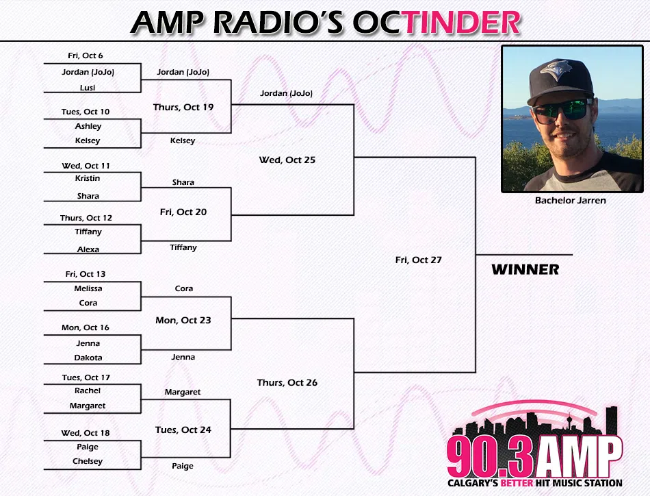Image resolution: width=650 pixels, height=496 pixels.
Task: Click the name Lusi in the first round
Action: point(88,88)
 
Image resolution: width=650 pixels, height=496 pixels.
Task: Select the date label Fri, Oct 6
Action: point(86,55)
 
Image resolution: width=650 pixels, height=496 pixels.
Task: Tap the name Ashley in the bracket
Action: point(88,126)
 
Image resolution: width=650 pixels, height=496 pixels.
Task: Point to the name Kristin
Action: point(88,178)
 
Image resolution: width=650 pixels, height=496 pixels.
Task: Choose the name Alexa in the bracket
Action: point(88,249)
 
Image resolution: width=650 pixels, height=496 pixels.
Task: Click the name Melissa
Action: point(88,288)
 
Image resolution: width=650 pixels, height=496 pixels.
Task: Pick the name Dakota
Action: point(88,358)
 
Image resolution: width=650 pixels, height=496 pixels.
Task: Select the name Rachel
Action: point(88,390)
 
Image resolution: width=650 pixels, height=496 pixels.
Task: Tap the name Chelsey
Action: point(88,461)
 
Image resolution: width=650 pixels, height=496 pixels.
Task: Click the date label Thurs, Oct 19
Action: point(183,107)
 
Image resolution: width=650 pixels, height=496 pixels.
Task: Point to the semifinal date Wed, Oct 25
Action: point(287,160)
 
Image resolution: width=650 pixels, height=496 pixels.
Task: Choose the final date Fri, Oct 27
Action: point(419,260)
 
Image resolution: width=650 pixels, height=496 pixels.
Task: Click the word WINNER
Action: point(525,269)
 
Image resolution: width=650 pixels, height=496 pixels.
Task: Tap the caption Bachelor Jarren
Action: point(571,201)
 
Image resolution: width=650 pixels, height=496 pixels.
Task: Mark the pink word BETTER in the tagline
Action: point(517,483)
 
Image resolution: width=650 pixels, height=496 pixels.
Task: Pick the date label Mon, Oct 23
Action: point(183,321)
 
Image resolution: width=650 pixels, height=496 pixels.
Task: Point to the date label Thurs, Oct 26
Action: point(287,383)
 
